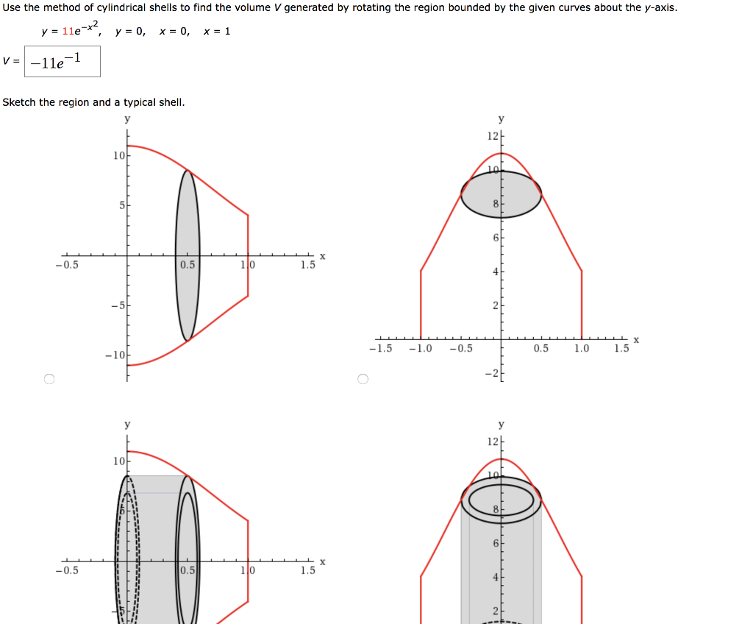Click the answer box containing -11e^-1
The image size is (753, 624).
(63, 63)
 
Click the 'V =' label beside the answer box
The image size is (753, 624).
(11, 62)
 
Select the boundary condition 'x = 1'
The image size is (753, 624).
(217, 32)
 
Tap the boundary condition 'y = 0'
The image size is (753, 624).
(130, 32)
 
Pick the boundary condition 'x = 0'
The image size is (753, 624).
(174, 32)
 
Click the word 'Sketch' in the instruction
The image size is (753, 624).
(19, 102)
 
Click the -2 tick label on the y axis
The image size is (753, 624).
(490, 375)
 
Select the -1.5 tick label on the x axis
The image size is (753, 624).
(380, 349)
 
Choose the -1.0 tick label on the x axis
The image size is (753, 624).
(421, 349)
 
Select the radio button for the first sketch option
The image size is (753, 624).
(49, 379)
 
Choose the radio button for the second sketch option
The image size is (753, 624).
(361, 379)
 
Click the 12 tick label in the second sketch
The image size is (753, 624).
(492, 136)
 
